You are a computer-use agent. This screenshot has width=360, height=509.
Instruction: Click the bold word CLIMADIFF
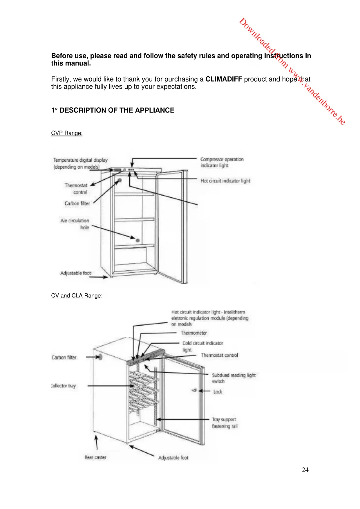pos(223,79)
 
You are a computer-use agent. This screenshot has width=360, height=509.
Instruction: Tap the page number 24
pos(305,470)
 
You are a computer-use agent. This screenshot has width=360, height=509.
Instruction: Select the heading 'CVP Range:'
pos(67,133)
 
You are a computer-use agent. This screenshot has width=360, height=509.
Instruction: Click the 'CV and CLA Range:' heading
pos(77,296)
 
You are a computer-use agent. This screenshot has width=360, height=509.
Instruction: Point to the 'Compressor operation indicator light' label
pos(222,163)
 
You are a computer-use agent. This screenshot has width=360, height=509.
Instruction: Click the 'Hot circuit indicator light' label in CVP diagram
pos(225,181)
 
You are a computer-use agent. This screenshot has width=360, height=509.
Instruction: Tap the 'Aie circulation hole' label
pos(75,224)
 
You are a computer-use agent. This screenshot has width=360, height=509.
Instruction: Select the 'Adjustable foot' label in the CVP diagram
pos(76,273)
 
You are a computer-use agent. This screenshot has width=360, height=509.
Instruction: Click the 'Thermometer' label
pos(194,333)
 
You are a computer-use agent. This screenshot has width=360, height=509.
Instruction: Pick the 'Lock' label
pos(218,392)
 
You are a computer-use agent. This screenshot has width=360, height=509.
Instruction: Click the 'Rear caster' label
pos(95,457)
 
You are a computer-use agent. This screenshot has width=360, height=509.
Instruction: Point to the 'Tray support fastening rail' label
pos(224,423)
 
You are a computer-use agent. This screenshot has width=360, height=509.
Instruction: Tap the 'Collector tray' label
pos(64,386)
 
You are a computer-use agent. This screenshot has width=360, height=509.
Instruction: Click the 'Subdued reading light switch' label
pos(234,378)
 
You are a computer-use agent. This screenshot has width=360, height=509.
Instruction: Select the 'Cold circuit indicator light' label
pos(202,346)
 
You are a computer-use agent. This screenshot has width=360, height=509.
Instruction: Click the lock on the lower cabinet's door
pos(194,391)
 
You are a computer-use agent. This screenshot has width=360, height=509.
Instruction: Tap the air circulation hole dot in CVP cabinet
pos(138,240)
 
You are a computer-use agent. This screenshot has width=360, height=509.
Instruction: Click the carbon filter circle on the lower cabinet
pos(100,357)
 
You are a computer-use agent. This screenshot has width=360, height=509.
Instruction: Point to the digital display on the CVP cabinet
pos(117,170)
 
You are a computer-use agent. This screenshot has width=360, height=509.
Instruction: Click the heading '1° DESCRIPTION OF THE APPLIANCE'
pos(113,110)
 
